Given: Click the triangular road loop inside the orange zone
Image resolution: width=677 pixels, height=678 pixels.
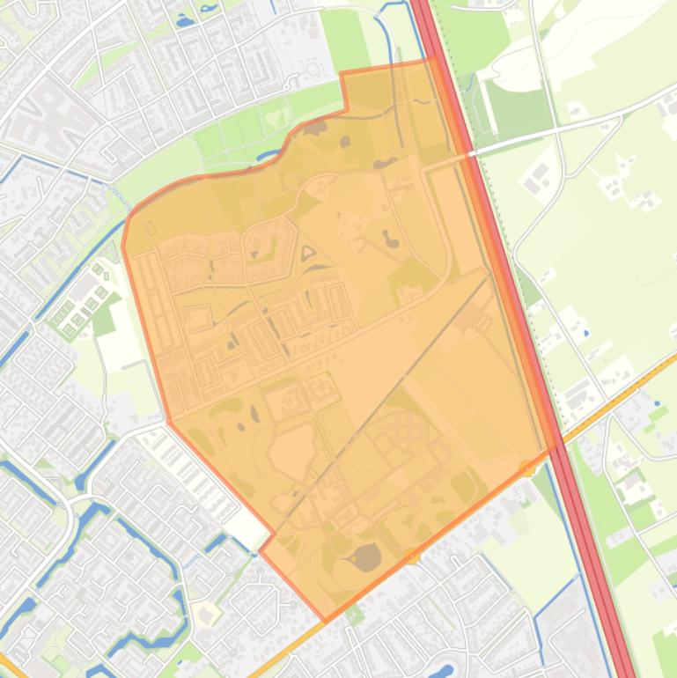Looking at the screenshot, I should (309, 255).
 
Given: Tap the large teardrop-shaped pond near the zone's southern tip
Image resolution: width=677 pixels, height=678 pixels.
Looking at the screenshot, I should (365, 556).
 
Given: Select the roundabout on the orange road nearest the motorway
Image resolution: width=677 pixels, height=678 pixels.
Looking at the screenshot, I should (526, 468).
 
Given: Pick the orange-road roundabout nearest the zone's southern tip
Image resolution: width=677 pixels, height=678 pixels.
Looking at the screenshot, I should (413, 556).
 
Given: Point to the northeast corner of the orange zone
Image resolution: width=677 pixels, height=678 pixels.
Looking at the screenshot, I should (432, 60).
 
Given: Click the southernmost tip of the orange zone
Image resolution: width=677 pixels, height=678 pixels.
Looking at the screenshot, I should (326, 621).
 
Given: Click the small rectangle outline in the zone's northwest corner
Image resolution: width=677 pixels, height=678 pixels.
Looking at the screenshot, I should (150, 228).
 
